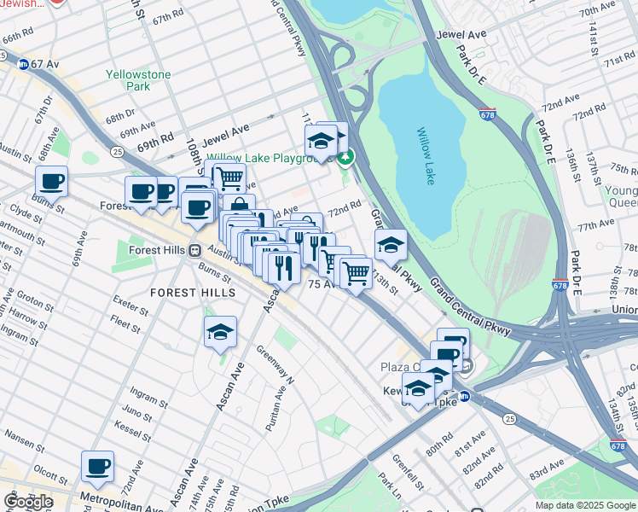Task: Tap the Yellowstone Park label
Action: pyautogui.click(x=138, y=80)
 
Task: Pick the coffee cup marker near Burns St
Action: pyautogui.click(x=51, y=182)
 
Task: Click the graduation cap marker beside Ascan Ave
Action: pyautogui.click(x=220, y=332)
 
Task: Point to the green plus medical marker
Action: pyautogui.click(x=345, y=157)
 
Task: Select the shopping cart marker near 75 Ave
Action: pyautogui.click(x=356, y=273)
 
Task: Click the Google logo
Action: pyautogui.click(x=28, y=502)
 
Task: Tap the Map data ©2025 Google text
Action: pyautogui.click(x=585, y=505)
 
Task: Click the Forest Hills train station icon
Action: pyautogui.click(x=195, y=251)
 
